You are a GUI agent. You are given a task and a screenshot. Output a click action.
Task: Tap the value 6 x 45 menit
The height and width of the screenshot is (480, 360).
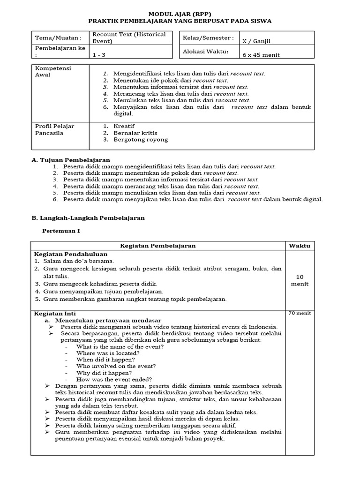coord(261,55)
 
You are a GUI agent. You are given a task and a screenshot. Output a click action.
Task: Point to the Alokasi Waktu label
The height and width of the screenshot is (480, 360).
coord(206,52)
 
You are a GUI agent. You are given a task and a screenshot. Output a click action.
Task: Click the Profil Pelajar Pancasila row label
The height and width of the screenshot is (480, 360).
coord(55,129)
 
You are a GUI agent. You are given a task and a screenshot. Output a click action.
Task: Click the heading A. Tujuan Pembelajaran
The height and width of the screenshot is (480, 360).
coord(71,160)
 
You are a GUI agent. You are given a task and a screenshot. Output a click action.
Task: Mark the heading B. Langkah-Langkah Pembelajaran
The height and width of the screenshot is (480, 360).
coord(88,218)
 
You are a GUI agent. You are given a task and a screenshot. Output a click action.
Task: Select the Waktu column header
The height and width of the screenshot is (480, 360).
coord(300,246)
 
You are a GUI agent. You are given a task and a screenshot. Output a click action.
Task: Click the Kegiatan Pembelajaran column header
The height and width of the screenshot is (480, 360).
coord(158,246)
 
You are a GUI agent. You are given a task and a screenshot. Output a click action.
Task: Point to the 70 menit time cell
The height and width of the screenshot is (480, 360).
coord(300,313)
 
